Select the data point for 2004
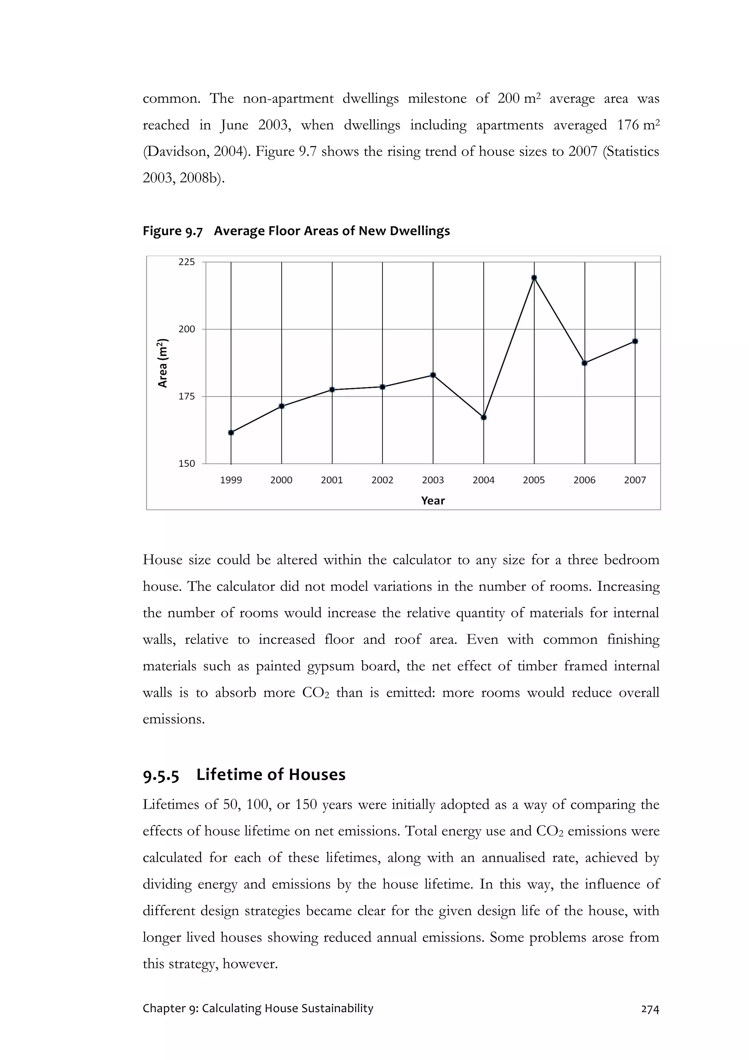pos(483,417)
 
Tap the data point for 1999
pos(231,432)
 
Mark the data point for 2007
pos(635,341)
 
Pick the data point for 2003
pos(433,375)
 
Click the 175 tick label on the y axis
pos(187,397)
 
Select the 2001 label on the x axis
pos(332,480)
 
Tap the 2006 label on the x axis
pos(584,480)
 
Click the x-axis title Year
pos(433,501)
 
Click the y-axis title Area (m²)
pos(163,363)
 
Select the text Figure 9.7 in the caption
pos(172,231)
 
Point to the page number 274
pos(650,1009)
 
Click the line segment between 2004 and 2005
pos(509,348)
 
